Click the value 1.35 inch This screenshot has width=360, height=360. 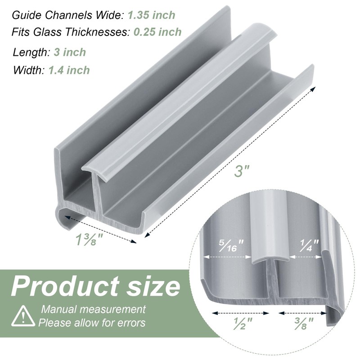pyautogui.click(x=151, y=15)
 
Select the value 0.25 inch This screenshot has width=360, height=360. pyautogui.click(x=157, y=32)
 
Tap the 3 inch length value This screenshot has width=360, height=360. pyautogui.click(x=69, y=52)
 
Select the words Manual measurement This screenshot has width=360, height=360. pyautogui.click(x=94, y=309)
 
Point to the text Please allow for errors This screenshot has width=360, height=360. pyautogui.click(x=92, y=323)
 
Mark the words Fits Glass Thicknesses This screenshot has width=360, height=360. pyautogui.click(x=71, y=32)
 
